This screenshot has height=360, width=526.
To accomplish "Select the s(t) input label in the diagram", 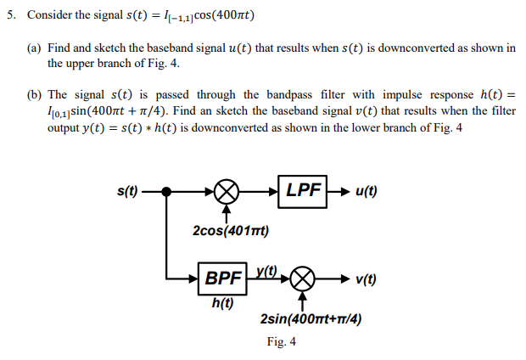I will click(126, 191).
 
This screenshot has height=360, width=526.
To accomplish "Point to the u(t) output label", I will click(365, 191).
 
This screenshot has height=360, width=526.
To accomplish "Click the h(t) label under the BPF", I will click(221, 302).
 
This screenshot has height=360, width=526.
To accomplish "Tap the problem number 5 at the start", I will click(10, 15).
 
